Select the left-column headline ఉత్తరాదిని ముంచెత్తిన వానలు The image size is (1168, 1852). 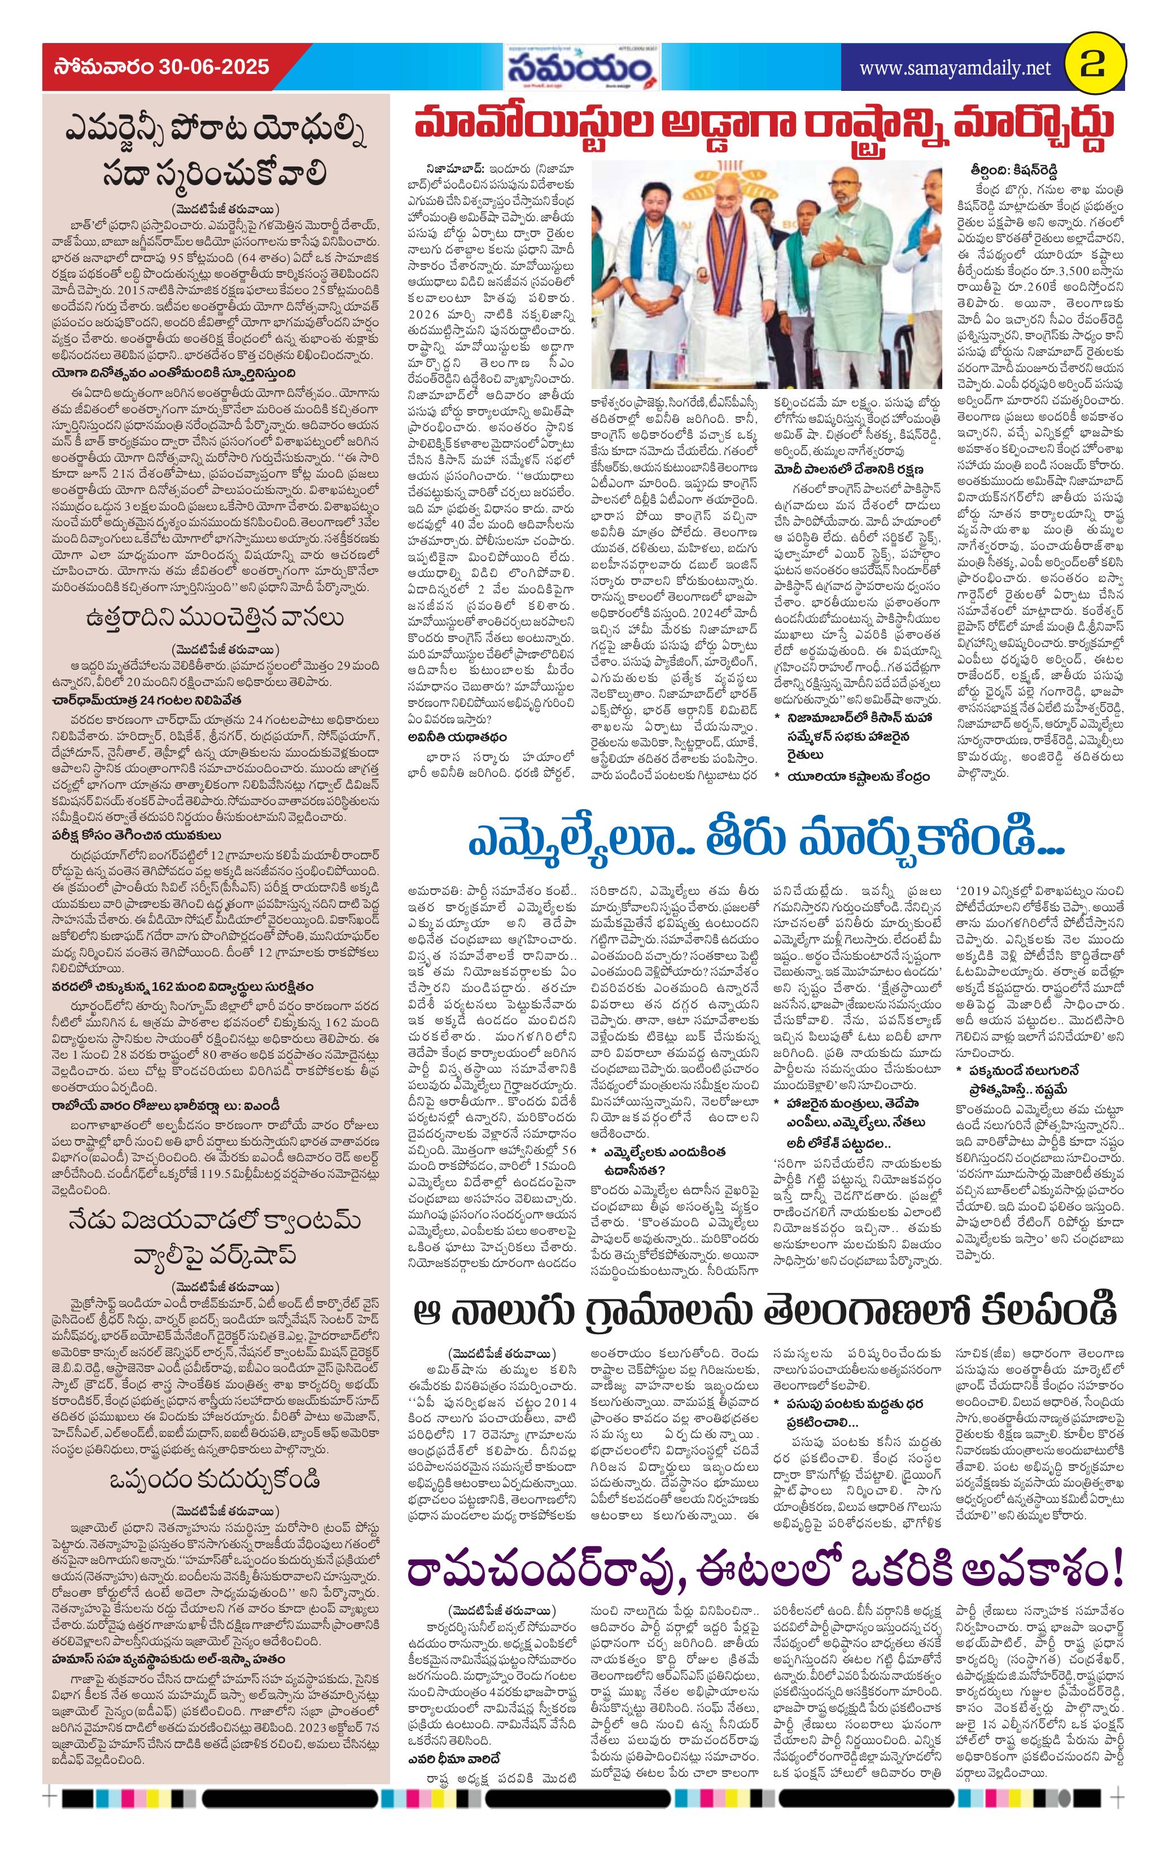coord(215,618)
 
